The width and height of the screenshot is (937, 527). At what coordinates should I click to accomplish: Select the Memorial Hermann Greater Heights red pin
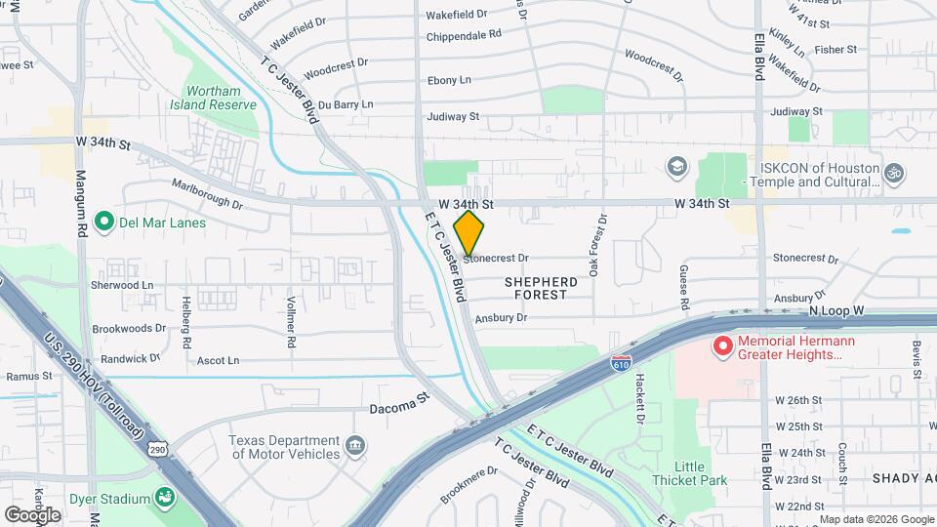[723, 345]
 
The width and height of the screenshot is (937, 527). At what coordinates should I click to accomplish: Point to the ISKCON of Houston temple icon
[895, 174]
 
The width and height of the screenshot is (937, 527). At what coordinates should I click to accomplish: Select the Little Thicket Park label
[692, 473]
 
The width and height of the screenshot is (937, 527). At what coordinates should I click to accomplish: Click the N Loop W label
[836, 310]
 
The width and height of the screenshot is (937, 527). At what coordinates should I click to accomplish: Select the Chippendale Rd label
[464, 33]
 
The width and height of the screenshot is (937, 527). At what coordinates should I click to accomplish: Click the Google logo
[32, 514]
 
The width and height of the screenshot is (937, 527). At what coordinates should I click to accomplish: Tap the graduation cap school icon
[675, 166]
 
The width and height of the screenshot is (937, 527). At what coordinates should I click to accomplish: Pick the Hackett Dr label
[640, 398]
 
